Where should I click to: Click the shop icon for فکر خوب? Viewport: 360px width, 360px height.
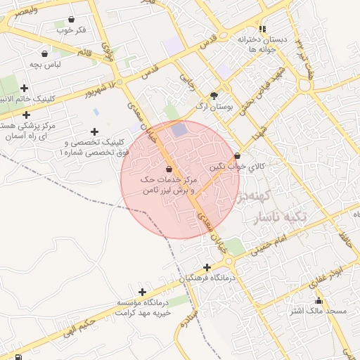[x=72, y=20]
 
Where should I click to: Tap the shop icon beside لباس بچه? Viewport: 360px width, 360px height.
[x=45, y=53]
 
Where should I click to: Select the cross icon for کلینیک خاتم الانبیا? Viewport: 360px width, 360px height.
[x=25, y=88]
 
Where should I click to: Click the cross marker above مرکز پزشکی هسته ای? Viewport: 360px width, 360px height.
[x=27, y=115]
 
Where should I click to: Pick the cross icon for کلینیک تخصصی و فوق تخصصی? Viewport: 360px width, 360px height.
[x=95, y=131]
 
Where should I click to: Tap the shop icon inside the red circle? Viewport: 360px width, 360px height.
[x=169, y=169]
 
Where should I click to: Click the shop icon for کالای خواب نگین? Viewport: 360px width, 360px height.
[x=237, y=156]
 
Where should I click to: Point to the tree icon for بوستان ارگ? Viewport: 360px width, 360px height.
[x=214, y=96]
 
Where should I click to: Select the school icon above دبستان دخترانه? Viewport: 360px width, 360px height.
[x=262, y=29]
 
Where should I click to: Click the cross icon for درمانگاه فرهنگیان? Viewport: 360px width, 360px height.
[x=207, y=267]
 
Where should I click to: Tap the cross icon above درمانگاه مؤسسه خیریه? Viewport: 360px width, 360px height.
[x=143, y=292]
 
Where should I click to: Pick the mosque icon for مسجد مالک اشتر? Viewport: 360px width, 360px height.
[x=319, y=300]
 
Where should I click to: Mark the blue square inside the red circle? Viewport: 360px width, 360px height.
[x=180, y=129]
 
